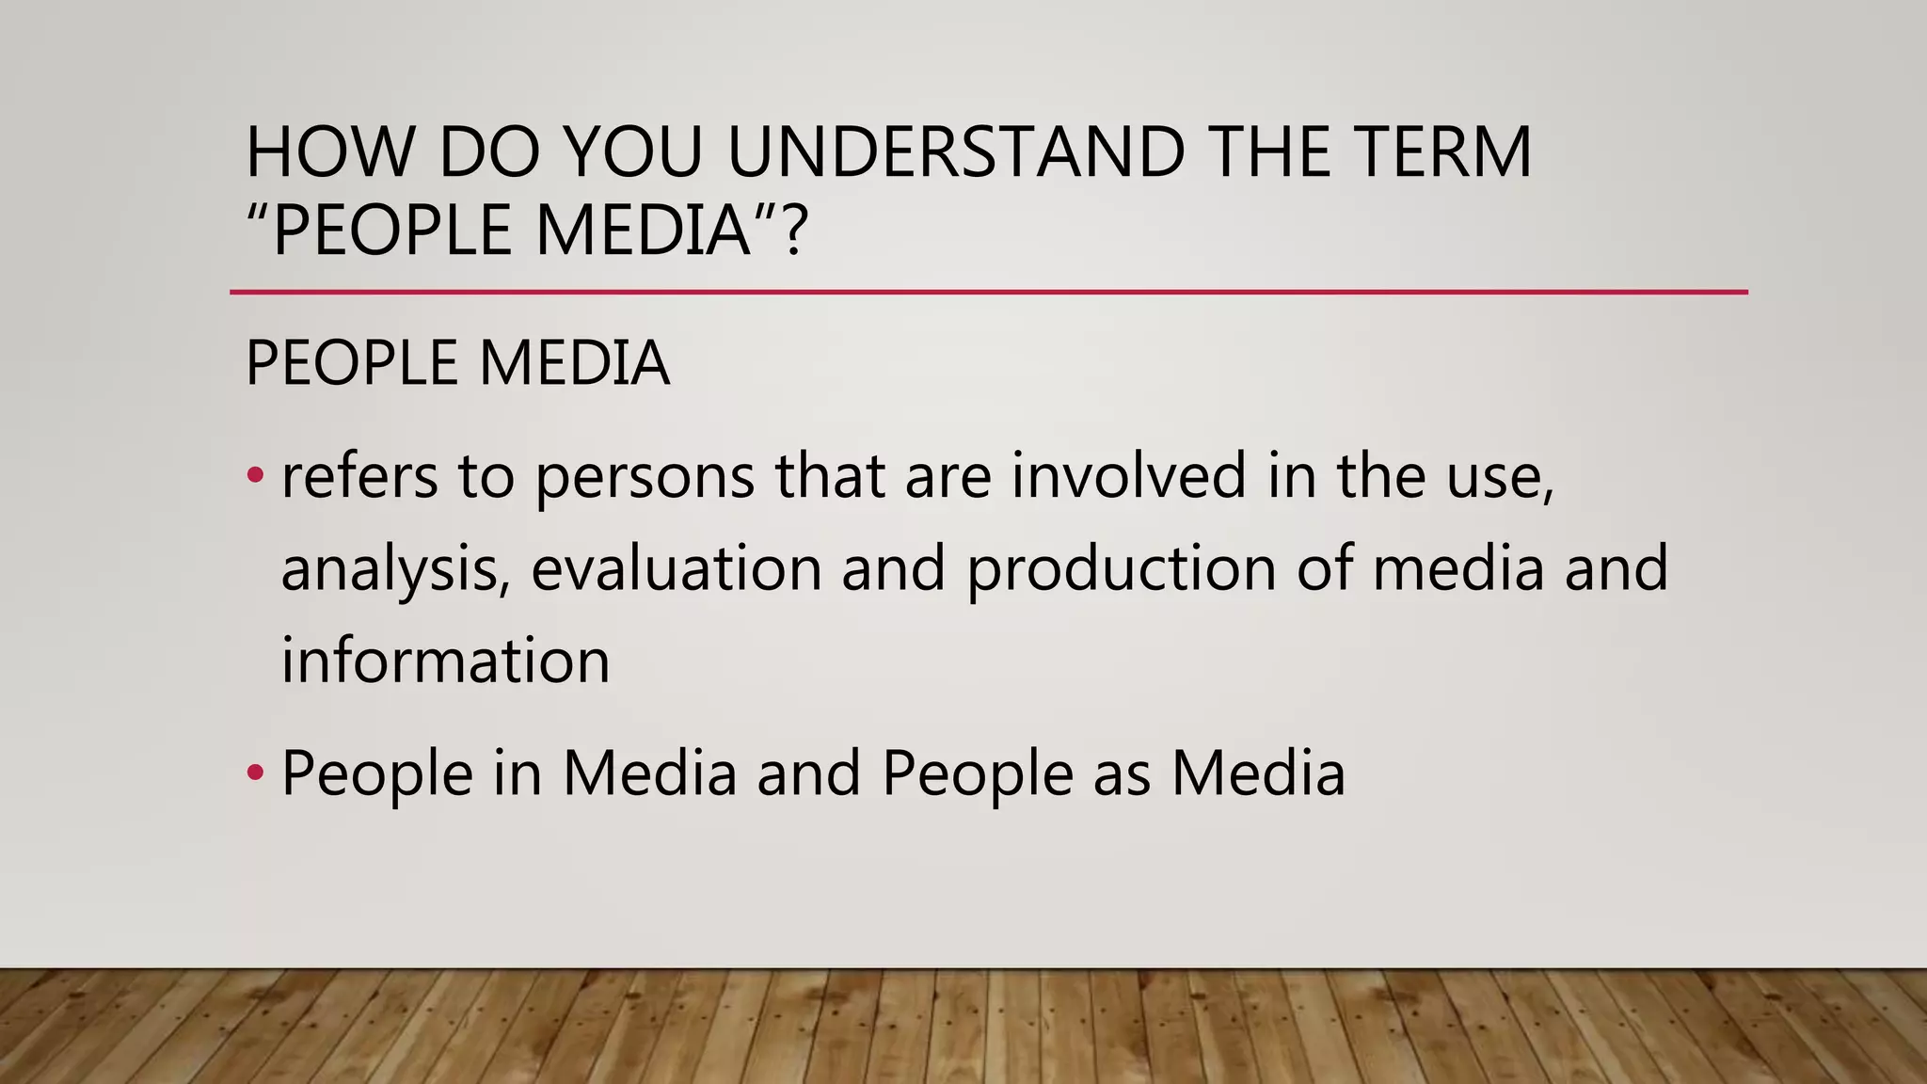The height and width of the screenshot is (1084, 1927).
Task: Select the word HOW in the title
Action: (329, 152)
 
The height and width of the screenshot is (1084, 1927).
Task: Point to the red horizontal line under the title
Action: (988, 293)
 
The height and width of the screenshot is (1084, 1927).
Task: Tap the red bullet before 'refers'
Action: (255, 476)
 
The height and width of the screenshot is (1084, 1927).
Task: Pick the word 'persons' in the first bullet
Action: (645, 476)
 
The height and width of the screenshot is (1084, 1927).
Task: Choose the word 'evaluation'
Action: (677, 568)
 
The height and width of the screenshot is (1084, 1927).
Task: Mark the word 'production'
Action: (1122, 570)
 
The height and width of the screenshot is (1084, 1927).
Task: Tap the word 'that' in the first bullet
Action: (829, 476)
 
